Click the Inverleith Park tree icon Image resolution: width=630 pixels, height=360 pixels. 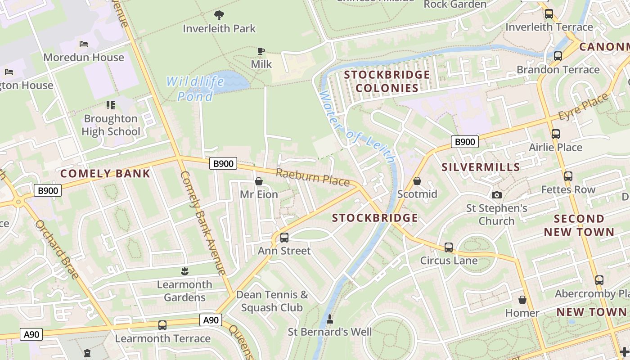pyautogui.click(x=219, y=16)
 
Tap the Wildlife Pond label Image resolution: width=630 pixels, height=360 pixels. pyautogui.click(x=195, y=89)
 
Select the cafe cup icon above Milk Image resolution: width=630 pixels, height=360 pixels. pyautogui.click(x=261, y=51)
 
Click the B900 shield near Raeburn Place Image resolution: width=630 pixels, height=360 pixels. pyautogui.click(x=223, y=164)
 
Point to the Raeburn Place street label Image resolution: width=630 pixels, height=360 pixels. pyautogui.click(x=312, y=177)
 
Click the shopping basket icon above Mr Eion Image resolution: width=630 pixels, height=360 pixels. pyautogui.click(x=259, y=181)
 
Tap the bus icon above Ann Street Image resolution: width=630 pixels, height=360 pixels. pyautogui.click(x=284, y=238)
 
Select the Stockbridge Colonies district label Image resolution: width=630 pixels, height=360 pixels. pyautogui.click(x=387, y=81)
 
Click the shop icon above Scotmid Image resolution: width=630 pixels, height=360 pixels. pyautogui.click(x=417, y=181)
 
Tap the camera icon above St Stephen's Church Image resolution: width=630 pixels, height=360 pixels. pyautogui.click(x=497, y=195)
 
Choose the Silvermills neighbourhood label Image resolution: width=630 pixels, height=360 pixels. pyautogui.click(x=481, y=167)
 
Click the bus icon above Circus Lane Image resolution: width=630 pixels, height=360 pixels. pyautogui.click(x=449, y=247)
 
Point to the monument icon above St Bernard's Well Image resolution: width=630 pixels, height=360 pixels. pyautogui.click(x=330, y=319)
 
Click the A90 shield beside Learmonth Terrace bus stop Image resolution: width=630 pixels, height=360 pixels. pyautogui.click(x=211, y=320)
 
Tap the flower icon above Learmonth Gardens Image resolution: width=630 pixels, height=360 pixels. pyautogui.click(x=184, y=271)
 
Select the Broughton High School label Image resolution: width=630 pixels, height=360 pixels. pyautogui.click(x=111, y=125)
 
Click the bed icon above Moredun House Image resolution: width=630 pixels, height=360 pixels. pyautogui.click(x=84, y=44)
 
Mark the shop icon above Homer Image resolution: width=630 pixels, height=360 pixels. pyautogui.click(x=522, y=300)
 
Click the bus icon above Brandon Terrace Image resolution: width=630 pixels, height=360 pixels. pyautogui.click(x=558, y=57)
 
